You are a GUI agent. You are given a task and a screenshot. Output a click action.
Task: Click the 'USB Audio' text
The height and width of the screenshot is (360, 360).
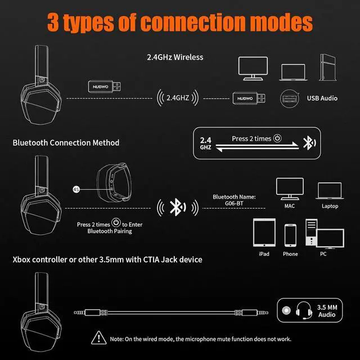(322, 98)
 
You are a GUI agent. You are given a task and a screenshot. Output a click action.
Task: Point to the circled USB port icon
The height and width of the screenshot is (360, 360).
(289, 98)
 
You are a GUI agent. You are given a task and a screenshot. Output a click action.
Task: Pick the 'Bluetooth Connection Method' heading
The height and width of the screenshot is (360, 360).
(66, 143)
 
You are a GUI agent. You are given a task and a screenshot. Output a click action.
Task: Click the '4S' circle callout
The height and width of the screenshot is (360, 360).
(76, 190)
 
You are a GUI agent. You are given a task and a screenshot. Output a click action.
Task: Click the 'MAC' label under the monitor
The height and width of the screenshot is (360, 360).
(289, 206)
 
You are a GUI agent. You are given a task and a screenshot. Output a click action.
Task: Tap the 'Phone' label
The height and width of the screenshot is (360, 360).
(290, 254)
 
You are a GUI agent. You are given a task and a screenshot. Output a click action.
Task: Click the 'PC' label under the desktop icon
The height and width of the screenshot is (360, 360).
(322, 254)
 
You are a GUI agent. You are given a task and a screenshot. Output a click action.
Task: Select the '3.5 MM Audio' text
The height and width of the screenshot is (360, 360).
(326, 310)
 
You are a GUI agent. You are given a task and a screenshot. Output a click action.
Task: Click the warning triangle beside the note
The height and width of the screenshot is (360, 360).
(100, 338)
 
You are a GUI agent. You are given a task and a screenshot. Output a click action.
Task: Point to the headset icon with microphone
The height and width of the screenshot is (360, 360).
(307, 310)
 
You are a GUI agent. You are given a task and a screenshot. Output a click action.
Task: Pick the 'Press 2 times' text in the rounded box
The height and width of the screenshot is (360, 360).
(251, 138)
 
